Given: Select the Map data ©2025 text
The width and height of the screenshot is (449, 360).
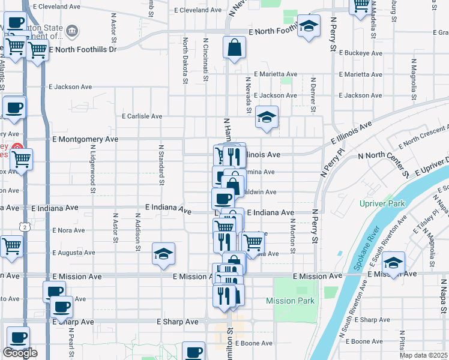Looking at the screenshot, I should [423, 355].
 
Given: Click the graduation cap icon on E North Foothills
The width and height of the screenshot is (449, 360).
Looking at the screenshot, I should [309, 26].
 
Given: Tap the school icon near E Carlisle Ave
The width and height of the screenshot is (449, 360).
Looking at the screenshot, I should [266, 117].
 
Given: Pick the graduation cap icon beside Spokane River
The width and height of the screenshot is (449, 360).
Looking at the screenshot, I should [393, 263].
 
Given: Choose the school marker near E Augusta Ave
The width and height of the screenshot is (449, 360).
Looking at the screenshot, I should [163, 254].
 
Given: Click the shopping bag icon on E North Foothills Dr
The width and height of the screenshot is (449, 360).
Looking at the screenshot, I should [234, 47].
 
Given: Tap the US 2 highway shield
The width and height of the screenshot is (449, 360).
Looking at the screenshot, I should [25, 227].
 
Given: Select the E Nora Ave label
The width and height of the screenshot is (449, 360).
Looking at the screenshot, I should [69, 230].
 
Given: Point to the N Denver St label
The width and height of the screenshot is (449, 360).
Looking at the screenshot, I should [313, 94].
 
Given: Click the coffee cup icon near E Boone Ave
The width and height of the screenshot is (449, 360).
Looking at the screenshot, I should [193, 352].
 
